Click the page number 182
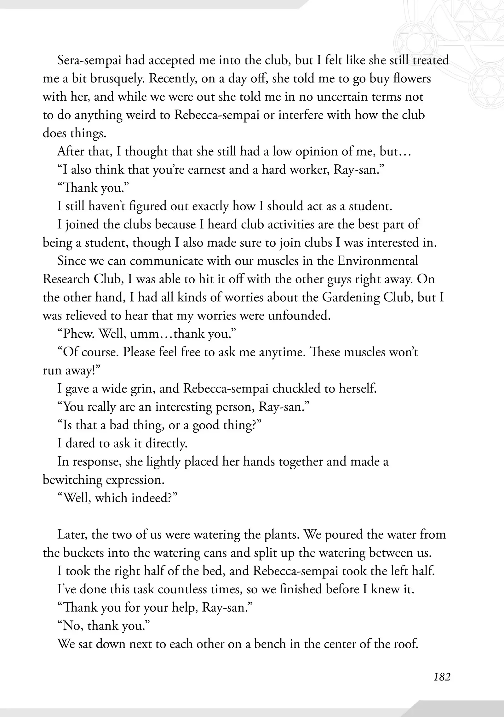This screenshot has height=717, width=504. (442, 677)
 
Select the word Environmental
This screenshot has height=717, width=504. (378, 261)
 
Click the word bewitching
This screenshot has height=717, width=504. (72, 480)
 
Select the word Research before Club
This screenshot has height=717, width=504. (66, 279)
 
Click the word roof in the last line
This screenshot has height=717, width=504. (406, 644)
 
